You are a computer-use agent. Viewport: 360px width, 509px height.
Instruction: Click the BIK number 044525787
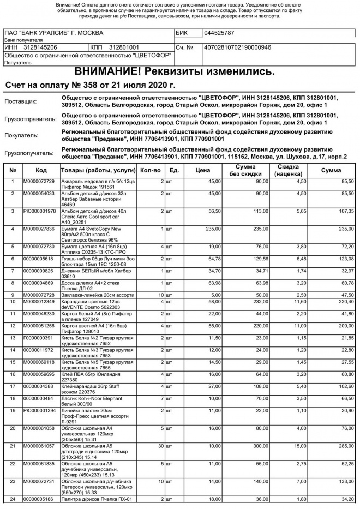(219, 33)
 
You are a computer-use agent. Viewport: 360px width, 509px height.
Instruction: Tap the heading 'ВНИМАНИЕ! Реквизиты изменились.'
(175, 71)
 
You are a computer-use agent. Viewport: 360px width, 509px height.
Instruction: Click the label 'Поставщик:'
(21, 102)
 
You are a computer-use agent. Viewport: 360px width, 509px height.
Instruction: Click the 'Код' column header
(41, 171)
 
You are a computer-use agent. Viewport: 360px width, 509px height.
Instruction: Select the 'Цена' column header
(202, 171)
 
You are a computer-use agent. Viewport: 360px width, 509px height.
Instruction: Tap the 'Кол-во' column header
(151, 171)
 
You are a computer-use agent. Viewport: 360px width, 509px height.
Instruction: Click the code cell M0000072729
(39, 181)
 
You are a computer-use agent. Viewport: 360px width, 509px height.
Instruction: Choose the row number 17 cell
(13, 387)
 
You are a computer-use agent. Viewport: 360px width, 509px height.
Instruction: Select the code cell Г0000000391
(39, 338)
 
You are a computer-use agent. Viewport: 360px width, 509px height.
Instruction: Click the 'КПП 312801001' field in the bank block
(116, 47)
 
